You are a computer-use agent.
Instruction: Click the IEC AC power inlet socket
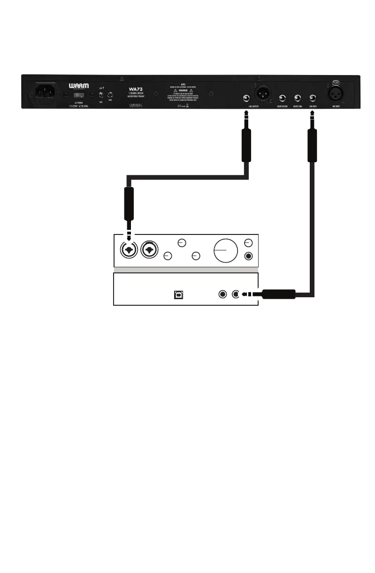44,90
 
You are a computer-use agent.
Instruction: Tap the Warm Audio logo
78,87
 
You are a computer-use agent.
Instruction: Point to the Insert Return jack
283,98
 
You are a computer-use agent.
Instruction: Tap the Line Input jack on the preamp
313,98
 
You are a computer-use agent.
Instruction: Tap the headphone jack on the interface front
249,256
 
